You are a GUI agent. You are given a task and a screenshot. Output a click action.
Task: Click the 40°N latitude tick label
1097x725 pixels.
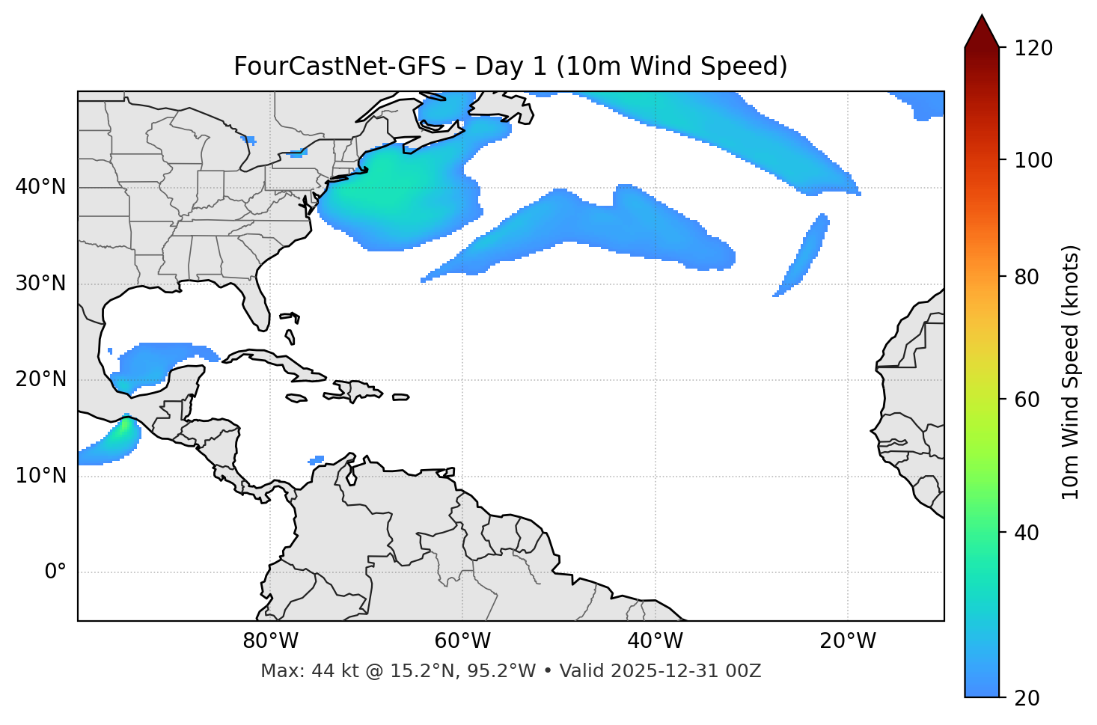coord(40,187)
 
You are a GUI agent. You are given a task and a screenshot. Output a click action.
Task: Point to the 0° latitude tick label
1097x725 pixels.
coord(55,572)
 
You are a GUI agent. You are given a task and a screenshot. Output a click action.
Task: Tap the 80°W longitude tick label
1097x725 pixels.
coord(270,641)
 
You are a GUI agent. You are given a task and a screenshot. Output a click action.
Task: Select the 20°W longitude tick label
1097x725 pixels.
coord(848,641)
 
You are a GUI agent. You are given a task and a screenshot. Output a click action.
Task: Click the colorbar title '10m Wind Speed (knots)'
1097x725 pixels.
coord(1071,373)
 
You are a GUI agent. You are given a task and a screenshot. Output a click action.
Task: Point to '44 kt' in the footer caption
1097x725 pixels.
coord(329,671)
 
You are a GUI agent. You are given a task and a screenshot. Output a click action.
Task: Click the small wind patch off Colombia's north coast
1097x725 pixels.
coord(317,460)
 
